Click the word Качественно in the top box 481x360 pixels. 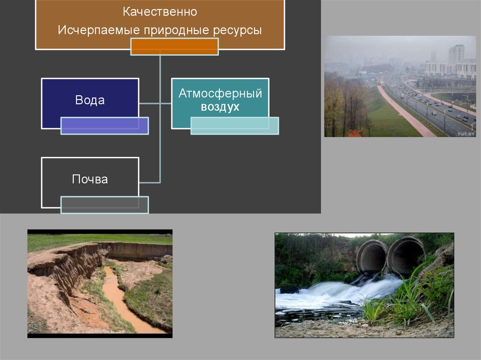pyautogui.click(x=160, y=11)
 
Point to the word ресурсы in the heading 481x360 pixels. pyautogui.click(x=237, y=31)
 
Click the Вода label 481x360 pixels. pyautogui.click(x=90, y=100)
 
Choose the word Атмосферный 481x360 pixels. pyautogui.click(x=220, y=93)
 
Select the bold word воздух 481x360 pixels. pyautogui.click(x=220, y=107)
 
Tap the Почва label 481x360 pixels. pyautogui.click(x=90, y=179)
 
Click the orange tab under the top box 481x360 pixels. pyautogui.click(x=174, y=46)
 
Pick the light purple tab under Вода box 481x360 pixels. pyautogui.click(x=104, y=125)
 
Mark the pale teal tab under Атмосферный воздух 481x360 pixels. pyautogui.click(x=234, y=125)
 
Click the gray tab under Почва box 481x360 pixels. pyautogui.click(x=104, y=205)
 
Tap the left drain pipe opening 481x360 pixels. pyautogui.click(x=372, y=257)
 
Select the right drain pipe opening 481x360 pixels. pyautogui.click(x=405, y=256)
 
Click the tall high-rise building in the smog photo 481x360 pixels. pyautogui.click(x=456, y=54)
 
